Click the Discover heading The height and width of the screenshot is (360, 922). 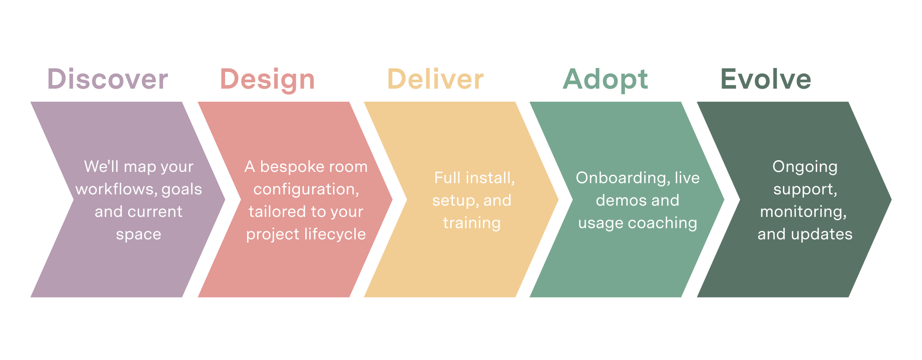pos(108,79)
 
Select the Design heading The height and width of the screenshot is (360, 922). pos(267,79)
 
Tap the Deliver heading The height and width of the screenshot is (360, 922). pos(435,79)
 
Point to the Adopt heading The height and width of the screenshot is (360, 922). pos(606,79)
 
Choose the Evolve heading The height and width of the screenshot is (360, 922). pos(766,79)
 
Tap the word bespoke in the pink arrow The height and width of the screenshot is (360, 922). pos(288,166)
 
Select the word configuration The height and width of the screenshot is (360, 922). pos(306,189)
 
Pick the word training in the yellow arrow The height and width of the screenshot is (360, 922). pos(472,223)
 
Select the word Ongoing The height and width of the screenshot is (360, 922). pos(805,166)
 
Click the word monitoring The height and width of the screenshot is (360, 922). pos(803,211)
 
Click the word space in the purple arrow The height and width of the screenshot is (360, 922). pos(139,234)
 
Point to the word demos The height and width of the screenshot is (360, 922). pos(615,200)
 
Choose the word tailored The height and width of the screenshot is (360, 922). pos(274,211)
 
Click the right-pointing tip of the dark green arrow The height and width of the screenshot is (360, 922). pos(889,199)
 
